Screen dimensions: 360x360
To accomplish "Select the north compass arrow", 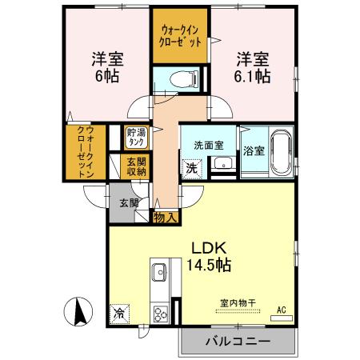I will click(80, 311).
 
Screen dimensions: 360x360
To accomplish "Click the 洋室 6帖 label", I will click(104, 66).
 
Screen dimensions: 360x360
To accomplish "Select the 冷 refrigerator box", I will click(119, 313).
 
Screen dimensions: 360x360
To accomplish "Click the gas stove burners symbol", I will click(159, 312).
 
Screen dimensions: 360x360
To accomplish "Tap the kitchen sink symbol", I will click(157, 271).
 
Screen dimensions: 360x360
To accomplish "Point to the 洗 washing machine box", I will click(191, 168).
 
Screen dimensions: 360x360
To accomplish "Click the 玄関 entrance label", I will click(129, 202).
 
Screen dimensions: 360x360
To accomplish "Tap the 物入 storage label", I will click(166, 217).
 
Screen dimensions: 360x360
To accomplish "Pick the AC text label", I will click(281, 309).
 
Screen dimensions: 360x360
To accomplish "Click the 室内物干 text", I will click(238, 302).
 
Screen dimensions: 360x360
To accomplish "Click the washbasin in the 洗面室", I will click(222, 165).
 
